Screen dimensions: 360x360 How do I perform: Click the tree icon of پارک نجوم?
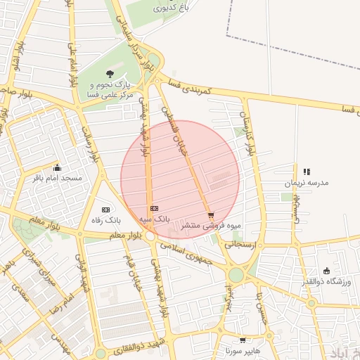110,73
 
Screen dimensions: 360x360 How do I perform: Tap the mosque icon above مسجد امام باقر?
58,168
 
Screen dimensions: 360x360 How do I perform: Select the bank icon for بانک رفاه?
106,210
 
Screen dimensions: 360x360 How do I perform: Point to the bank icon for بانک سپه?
154,208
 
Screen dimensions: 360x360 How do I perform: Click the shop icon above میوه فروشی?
211,215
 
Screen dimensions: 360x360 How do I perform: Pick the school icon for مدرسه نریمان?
307,172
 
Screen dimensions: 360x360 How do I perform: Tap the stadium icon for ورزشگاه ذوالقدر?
326,271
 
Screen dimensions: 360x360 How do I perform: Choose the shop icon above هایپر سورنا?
243,340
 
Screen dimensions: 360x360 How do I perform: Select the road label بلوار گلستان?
250,133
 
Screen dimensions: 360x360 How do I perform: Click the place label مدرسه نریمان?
307,182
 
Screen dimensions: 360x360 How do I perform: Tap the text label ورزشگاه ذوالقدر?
326,282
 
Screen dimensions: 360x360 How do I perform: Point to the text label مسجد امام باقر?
58,179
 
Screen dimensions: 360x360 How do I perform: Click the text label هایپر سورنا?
234,350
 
